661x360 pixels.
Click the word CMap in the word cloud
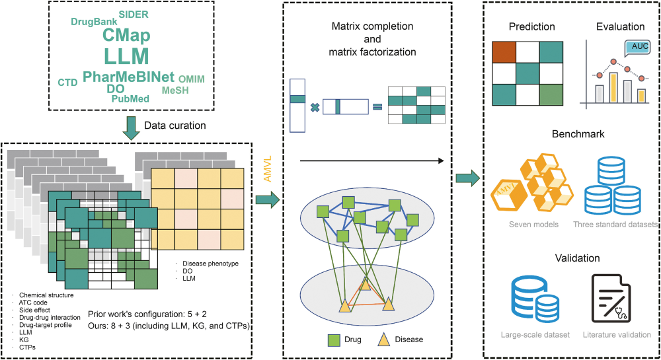pyautogui.click(x=126, y=35)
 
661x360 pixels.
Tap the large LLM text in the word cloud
pyautogui.click(x=126, y=56)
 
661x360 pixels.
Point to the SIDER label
pyautogui.click(x=134, y=14)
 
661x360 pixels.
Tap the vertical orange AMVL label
pyautogui.click(x=268, y=170)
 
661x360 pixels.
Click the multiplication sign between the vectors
pyautogui.click(x=315, y=106)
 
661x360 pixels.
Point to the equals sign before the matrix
pyautogui.click(x=377, y=106)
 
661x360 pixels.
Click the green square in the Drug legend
pyautogui.click(x=334, y=340)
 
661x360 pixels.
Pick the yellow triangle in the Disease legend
pyautogui.click(x=382, y=339)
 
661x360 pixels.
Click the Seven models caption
pyautogui.click(x=533, y=225)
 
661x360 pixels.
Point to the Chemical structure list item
pyautogui.click(x=46, y=295)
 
